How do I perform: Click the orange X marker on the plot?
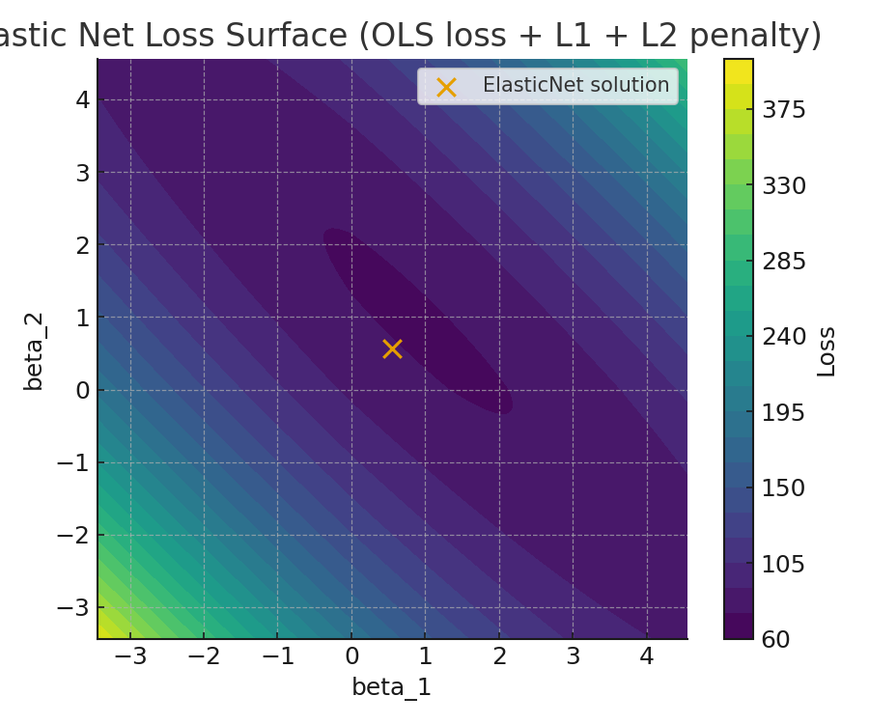(392, 348)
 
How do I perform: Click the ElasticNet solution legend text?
(575, 85)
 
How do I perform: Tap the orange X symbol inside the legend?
(446, 87)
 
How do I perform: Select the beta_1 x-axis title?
(391, 687)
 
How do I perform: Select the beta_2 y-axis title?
(34, 351)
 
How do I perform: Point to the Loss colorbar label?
(827, 350)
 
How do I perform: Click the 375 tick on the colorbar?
(783, 110)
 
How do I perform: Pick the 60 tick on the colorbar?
(776, 639)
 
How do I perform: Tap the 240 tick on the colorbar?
(783, 337)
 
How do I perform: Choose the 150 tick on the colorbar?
(783, 488)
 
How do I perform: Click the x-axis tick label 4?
(647, 657)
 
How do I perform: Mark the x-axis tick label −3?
(129, 657)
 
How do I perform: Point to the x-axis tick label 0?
(351, 657)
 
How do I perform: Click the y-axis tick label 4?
(83, 99)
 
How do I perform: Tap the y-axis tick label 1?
(83, 318)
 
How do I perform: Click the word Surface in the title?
(289, 36)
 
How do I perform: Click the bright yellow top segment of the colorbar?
(739, 71)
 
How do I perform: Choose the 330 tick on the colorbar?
(783, 185)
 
